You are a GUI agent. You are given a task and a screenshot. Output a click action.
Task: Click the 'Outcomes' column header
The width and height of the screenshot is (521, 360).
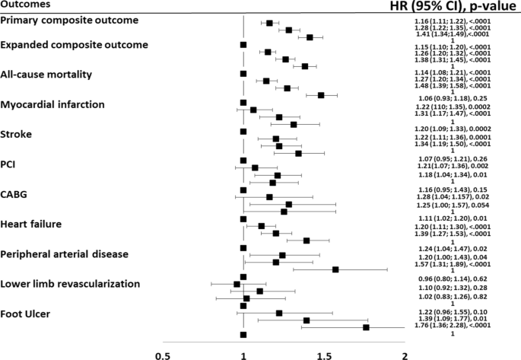click(x=26, y=5)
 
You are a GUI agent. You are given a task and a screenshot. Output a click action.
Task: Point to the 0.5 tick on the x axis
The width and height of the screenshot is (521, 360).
click(x=160, y=355)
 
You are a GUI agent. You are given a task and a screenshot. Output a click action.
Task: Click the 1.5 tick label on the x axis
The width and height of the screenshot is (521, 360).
click(x=325, y=355)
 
